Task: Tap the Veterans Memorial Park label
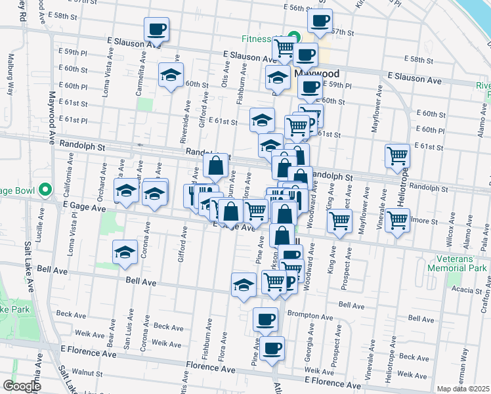click(x=458, y=263)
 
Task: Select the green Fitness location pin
click(x=295, y=38)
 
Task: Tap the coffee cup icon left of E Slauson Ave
click(x=158, y=30)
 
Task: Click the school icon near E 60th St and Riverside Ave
click(x=171, y=75)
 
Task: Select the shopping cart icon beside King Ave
click(x=339, y=221)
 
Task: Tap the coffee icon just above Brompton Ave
click(x=265, y=320)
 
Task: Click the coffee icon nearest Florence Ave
click(x=272, y=348)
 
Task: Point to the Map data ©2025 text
click(x=462, y=388)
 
